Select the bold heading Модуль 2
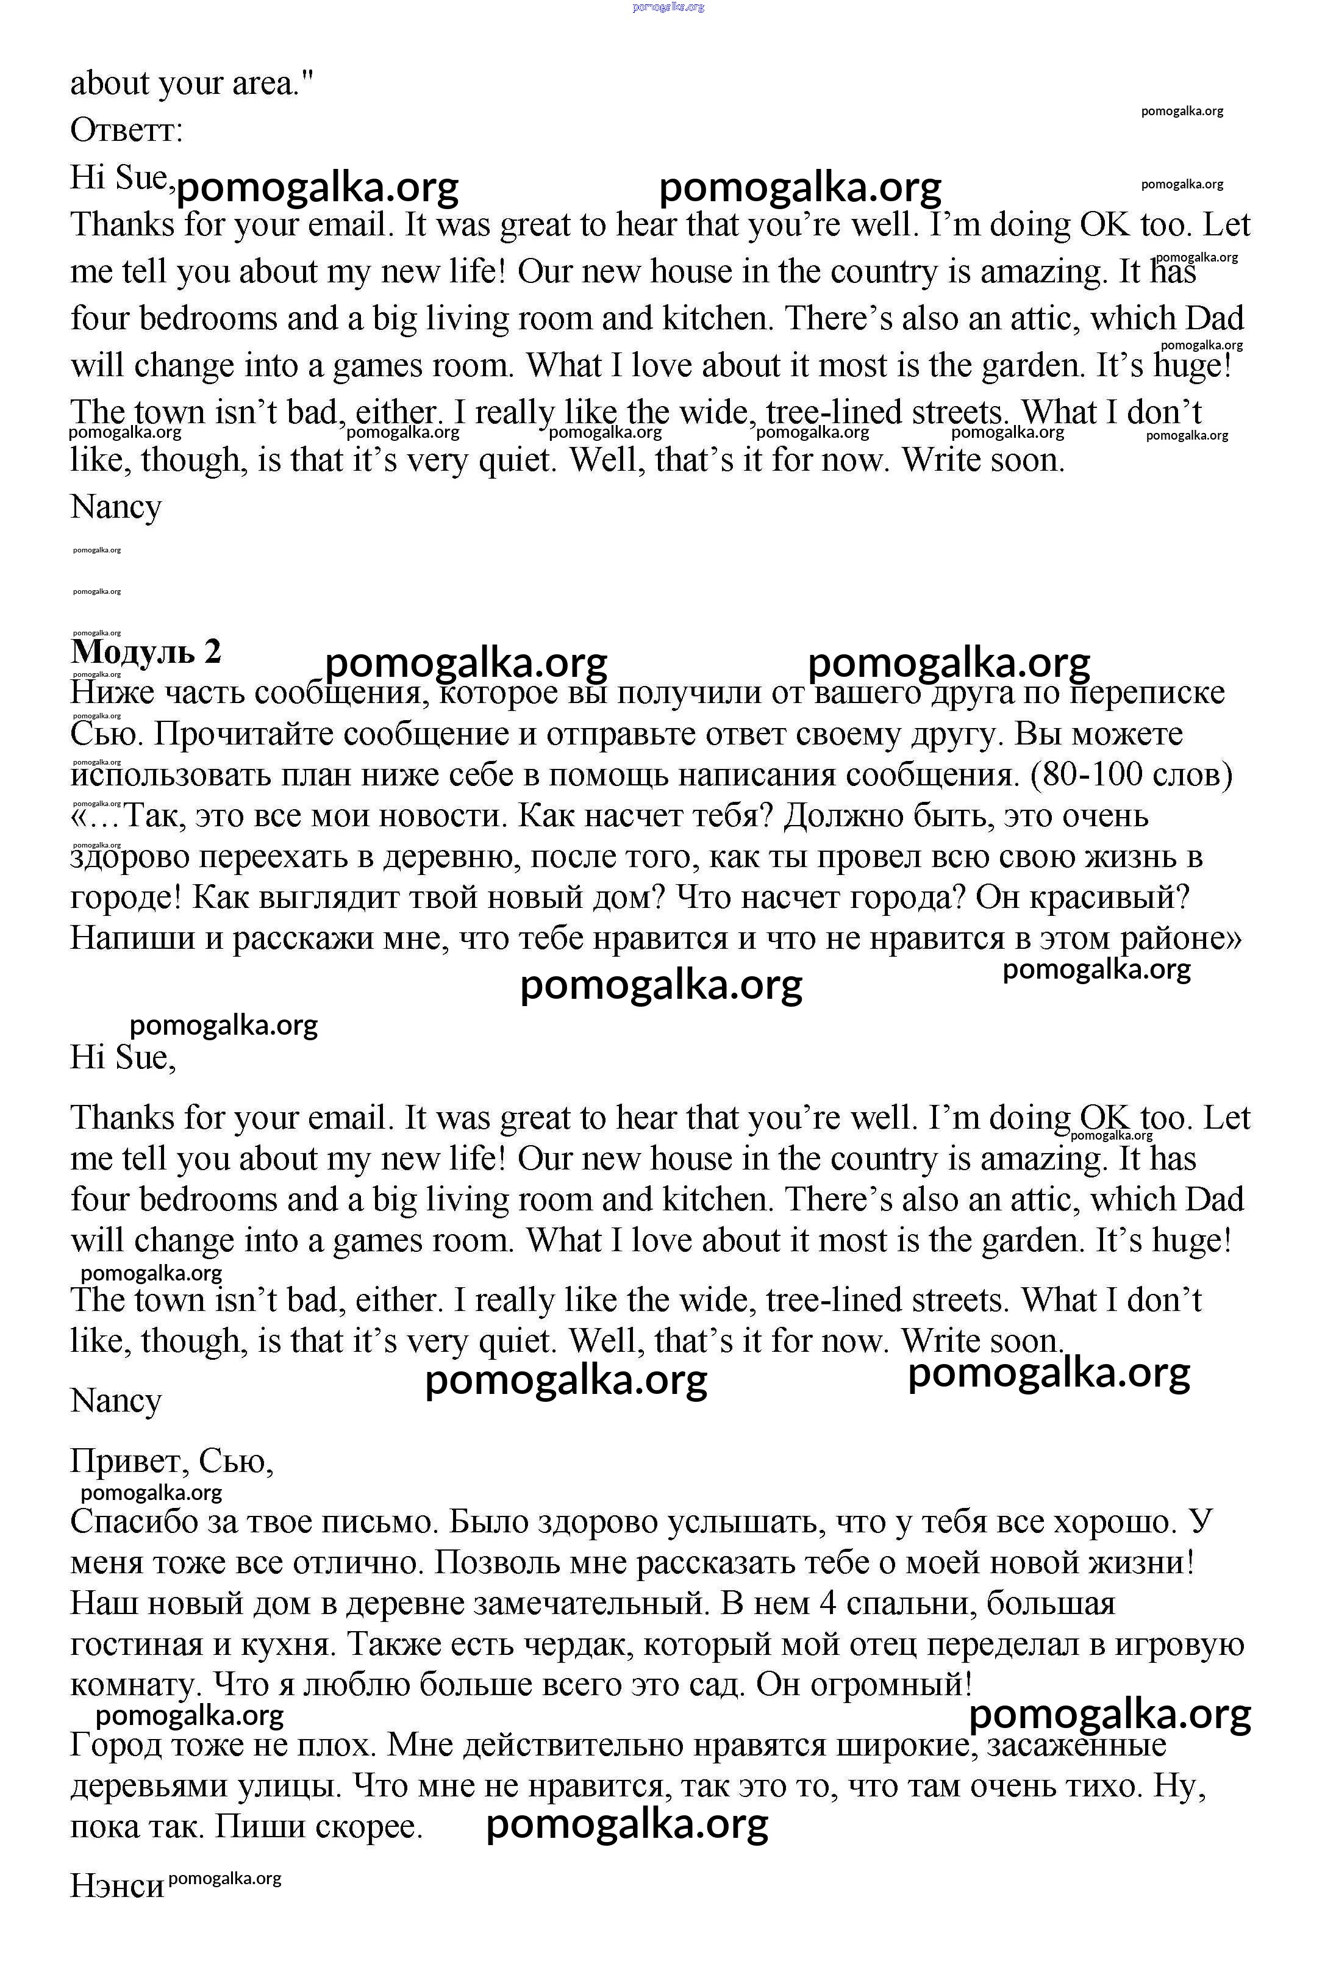(x=146, y=651)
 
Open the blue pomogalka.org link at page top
(x=668, y=7)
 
